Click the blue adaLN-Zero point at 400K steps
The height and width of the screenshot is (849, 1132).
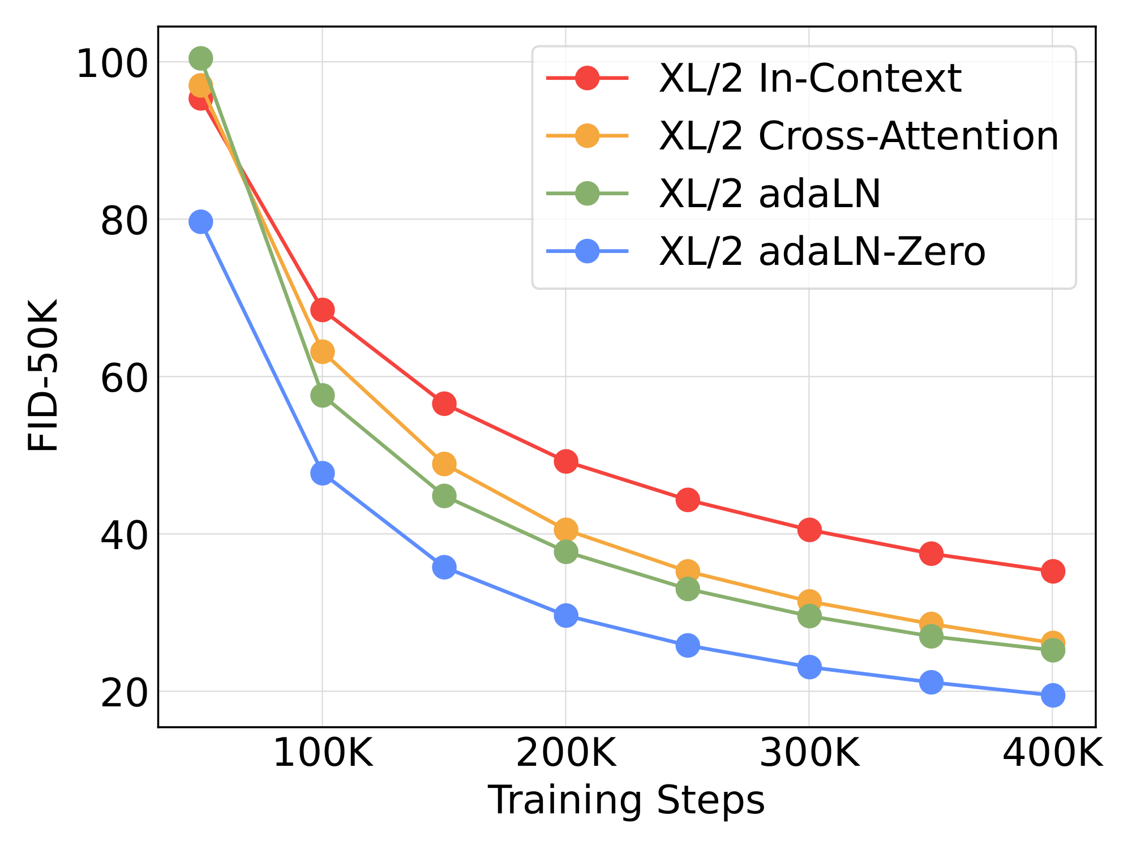(1052, 695)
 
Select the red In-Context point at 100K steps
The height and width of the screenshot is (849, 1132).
(322, 310)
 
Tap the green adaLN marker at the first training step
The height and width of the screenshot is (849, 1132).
(200, 58)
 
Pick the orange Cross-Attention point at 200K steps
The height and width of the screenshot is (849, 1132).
(565, 530)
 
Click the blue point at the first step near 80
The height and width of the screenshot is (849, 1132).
(200, 221)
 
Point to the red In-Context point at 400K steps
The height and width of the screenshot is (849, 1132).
(1052, 571)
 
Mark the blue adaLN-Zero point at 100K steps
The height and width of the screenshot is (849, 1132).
(322, 473)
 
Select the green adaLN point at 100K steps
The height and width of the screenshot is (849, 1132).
(322, 395)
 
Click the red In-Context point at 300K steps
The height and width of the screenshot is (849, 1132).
(809, 530)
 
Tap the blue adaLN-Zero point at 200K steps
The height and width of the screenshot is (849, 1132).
(565, 615)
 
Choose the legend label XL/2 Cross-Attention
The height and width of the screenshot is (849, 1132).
(858, 136)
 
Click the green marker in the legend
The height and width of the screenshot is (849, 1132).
(587, 194)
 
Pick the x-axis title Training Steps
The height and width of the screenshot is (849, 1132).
(626, 800)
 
